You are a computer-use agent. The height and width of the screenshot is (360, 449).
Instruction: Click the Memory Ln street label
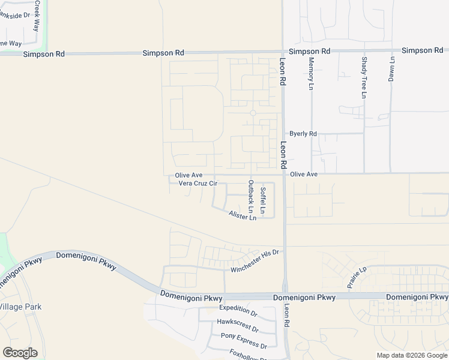[311, 74]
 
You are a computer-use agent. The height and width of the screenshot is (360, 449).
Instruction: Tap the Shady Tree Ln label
[364, 77]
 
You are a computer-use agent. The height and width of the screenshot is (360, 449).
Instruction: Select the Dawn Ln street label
[392, 69]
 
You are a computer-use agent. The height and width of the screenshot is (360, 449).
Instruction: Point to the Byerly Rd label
[303, 134]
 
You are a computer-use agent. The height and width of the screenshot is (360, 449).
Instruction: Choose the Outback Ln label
[251, 197]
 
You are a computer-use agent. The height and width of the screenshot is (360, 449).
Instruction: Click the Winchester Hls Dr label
[255, 261]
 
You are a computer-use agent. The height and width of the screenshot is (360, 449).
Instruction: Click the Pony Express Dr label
[244, 340]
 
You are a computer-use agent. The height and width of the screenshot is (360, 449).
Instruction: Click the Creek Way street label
[37, 16]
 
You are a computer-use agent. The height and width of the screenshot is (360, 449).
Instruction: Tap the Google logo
[20, 353]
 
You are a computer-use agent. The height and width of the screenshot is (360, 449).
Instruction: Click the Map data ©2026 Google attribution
[412, 355]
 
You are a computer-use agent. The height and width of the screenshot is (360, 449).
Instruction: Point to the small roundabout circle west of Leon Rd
[253, 113]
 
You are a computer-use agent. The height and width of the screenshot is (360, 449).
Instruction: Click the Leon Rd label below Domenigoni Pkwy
[287, 315]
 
